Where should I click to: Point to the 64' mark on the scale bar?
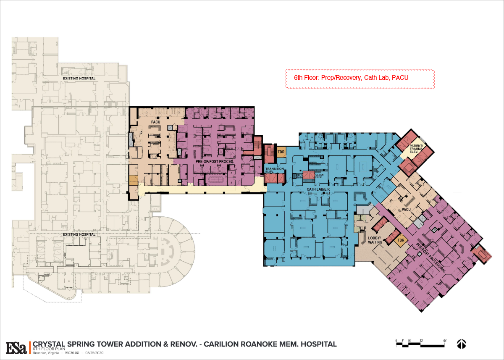click(444, 340)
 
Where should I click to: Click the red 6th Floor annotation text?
click(351, 78)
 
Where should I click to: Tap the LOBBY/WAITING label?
click(375, 240)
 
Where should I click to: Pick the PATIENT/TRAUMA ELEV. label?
click(410, 148)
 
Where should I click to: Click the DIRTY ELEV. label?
click(299, 176)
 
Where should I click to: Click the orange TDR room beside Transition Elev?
click(281, 152)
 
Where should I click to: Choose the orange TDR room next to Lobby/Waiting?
click(401, 241)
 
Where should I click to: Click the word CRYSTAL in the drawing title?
click(50, 344)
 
